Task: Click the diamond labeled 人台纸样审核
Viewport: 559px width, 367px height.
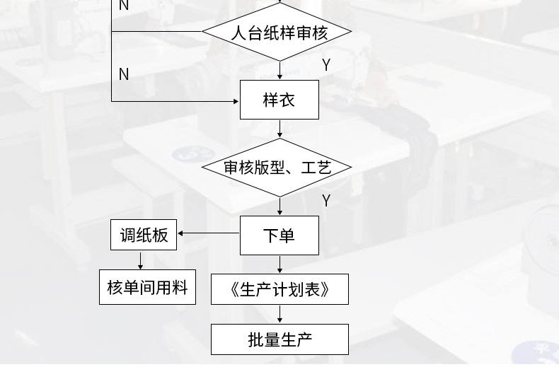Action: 277,32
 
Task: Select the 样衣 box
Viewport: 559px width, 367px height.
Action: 279,100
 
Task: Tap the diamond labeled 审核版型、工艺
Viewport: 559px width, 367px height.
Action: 277,168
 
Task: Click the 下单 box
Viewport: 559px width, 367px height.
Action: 279,235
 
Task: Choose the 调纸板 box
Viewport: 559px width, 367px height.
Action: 144,235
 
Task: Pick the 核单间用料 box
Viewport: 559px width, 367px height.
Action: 147,288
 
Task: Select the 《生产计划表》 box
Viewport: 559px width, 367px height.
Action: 279,289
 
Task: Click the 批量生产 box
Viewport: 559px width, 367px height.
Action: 279,339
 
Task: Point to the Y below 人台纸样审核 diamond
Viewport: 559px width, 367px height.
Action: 326,65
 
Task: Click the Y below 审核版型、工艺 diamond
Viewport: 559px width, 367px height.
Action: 326,201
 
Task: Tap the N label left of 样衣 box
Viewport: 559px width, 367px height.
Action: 124,74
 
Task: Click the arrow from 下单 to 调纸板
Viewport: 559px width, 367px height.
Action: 209,233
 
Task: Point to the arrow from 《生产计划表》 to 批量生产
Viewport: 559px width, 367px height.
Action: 280,315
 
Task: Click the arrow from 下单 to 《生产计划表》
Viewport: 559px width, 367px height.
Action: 280,264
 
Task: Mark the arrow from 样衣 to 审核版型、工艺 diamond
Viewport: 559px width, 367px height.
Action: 280,129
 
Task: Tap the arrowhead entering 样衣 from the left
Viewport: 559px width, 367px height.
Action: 236,101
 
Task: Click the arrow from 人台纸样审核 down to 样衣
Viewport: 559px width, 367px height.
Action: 280,71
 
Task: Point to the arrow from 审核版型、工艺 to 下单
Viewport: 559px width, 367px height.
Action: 280,206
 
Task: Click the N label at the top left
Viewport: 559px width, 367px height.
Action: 124,6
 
